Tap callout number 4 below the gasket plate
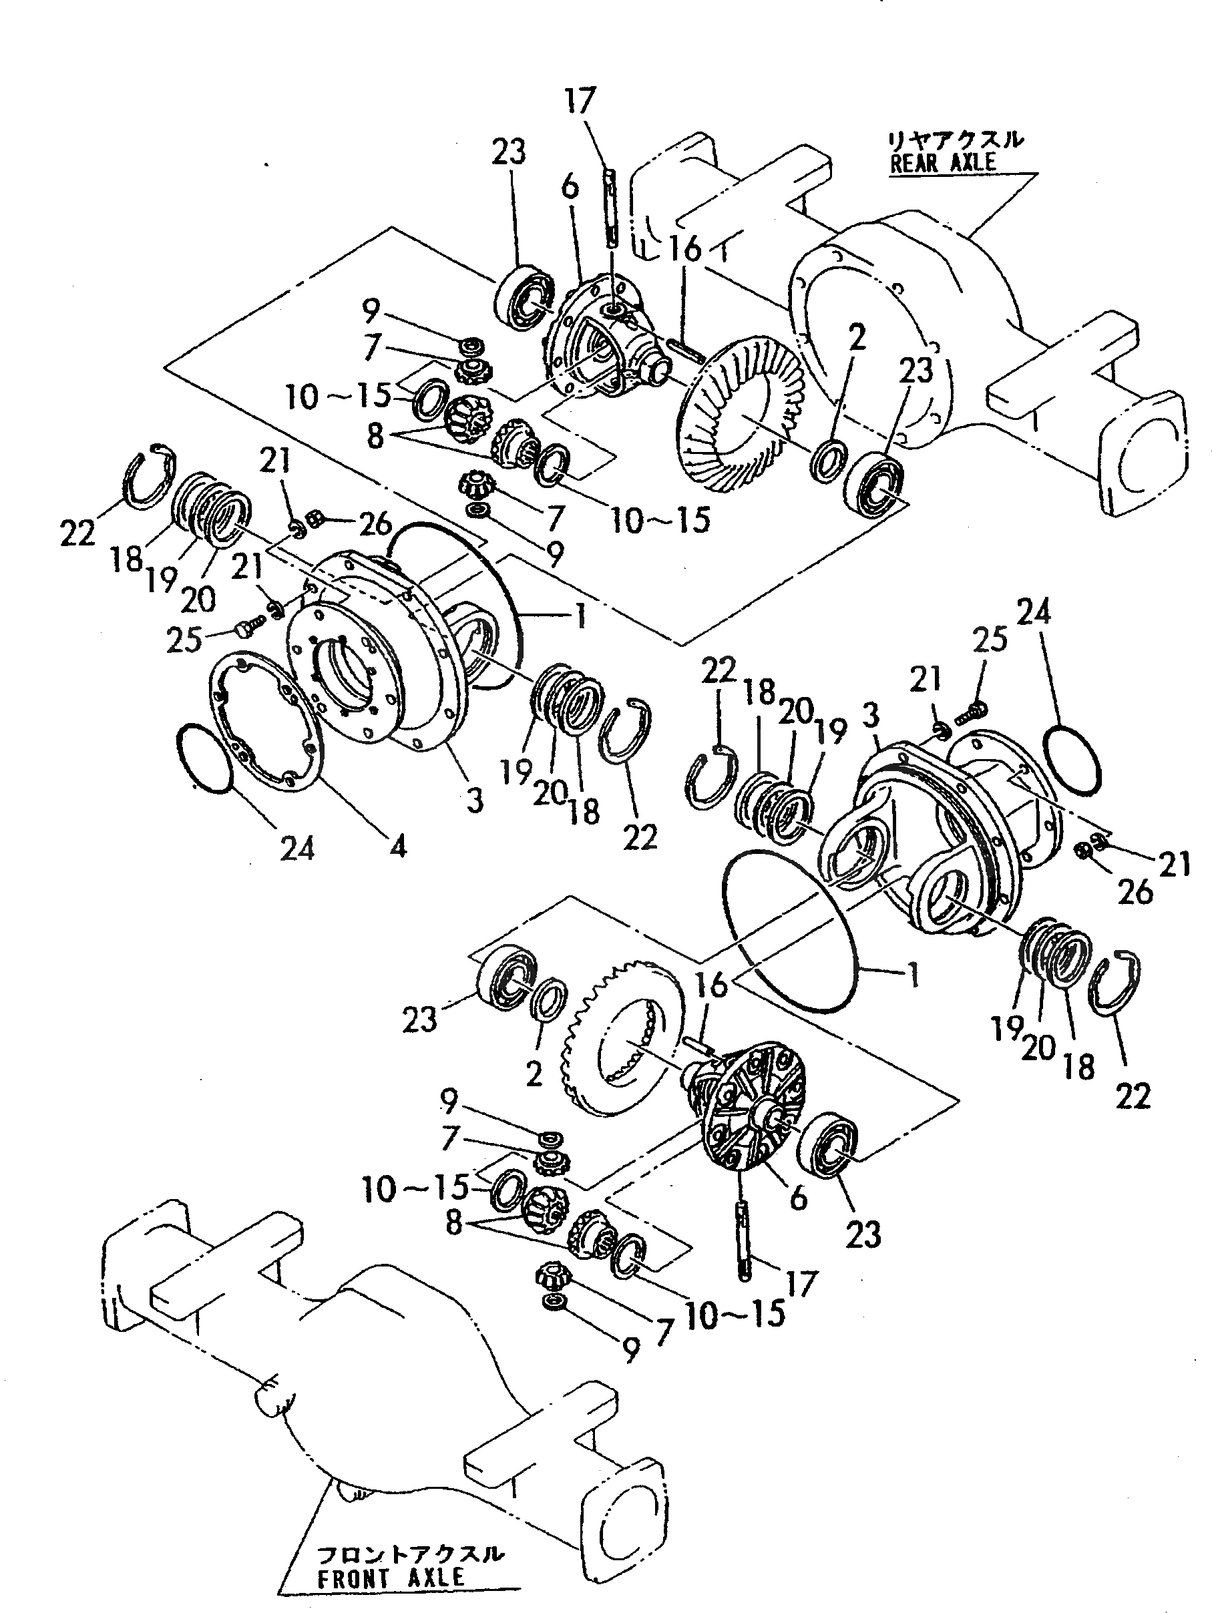tap(397, 846)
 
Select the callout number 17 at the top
tap(580, 101)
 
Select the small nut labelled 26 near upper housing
tap(314, 519)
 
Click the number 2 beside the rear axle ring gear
tap(857, 338)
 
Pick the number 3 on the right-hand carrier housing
tap(870, 716)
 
